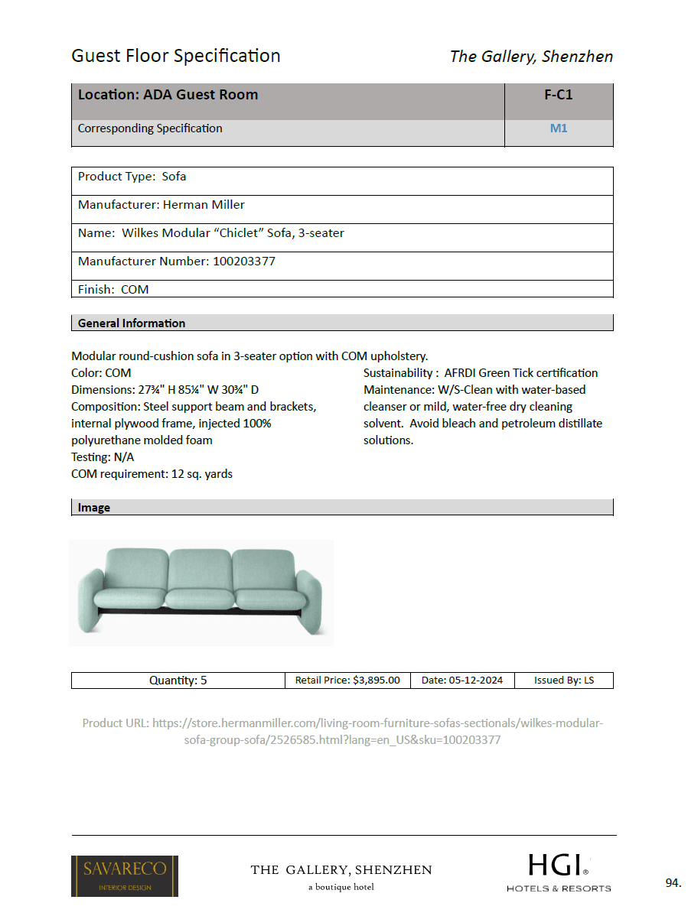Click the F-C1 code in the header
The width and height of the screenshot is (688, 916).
click(558, 96)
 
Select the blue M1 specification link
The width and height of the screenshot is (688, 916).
click(559, 128)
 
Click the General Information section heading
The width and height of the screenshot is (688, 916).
click(132, 323)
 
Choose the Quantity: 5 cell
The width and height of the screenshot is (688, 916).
click(178, 680)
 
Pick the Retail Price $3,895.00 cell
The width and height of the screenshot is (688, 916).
click(347, 680)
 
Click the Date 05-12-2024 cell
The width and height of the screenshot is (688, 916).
click(462, 680)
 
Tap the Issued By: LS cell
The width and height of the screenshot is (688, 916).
click(563, 680)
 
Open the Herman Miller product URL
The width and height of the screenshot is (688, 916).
click(343, 731)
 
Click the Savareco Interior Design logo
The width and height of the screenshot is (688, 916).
click(125, 875)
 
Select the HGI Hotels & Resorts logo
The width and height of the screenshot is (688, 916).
click(559, 872)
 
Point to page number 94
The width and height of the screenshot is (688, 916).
click(673, 883)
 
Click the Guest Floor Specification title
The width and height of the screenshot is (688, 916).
click(176, 56)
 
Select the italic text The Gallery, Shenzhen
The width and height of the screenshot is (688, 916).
click(531, 57)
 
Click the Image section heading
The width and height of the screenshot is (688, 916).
click(94, 508)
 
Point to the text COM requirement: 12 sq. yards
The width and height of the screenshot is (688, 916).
click(152, 474)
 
